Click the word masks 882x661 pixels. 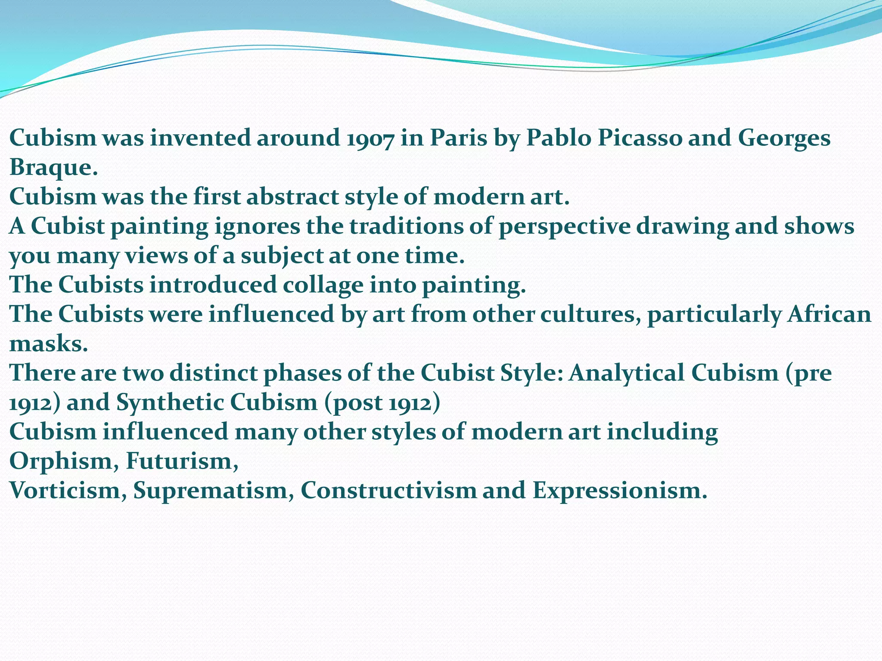pos(47,343)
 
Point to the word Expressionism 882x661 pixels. pos(620,490)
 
